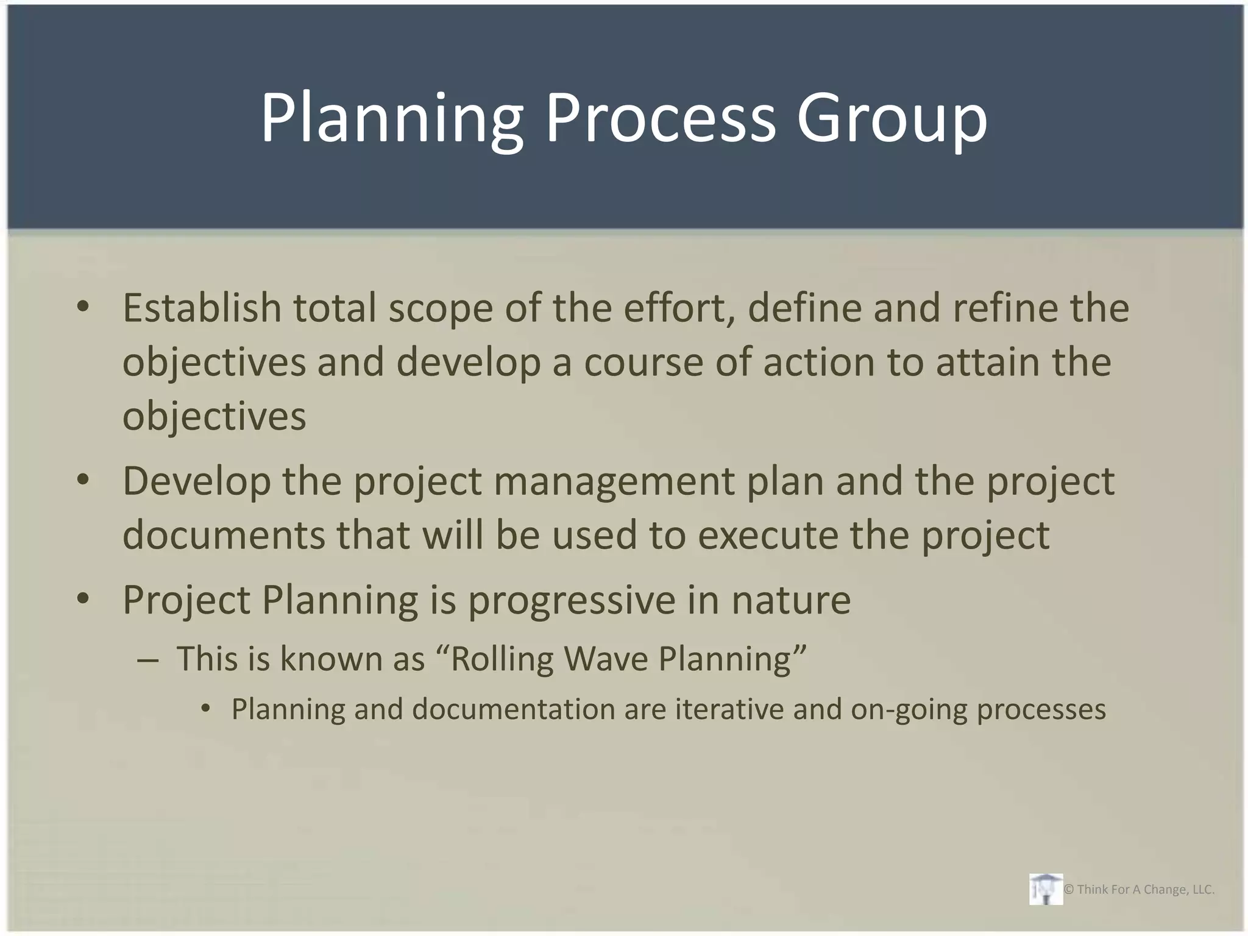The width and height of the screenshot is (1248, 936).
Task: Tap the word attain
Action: tap(988, 362)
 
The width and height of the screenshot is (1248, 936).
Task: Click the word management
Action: tap(614, 481)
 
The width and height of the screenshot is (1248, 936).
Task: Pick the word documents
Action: tap(224, 535)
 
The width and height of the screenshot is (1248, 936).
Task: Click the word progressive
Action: tap(572, 601)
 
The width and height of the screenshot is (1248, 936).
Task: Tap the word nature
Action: tap(791, 601)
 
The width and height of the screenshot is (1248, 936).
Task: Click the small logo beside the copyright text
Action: tap(1046, 889)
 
